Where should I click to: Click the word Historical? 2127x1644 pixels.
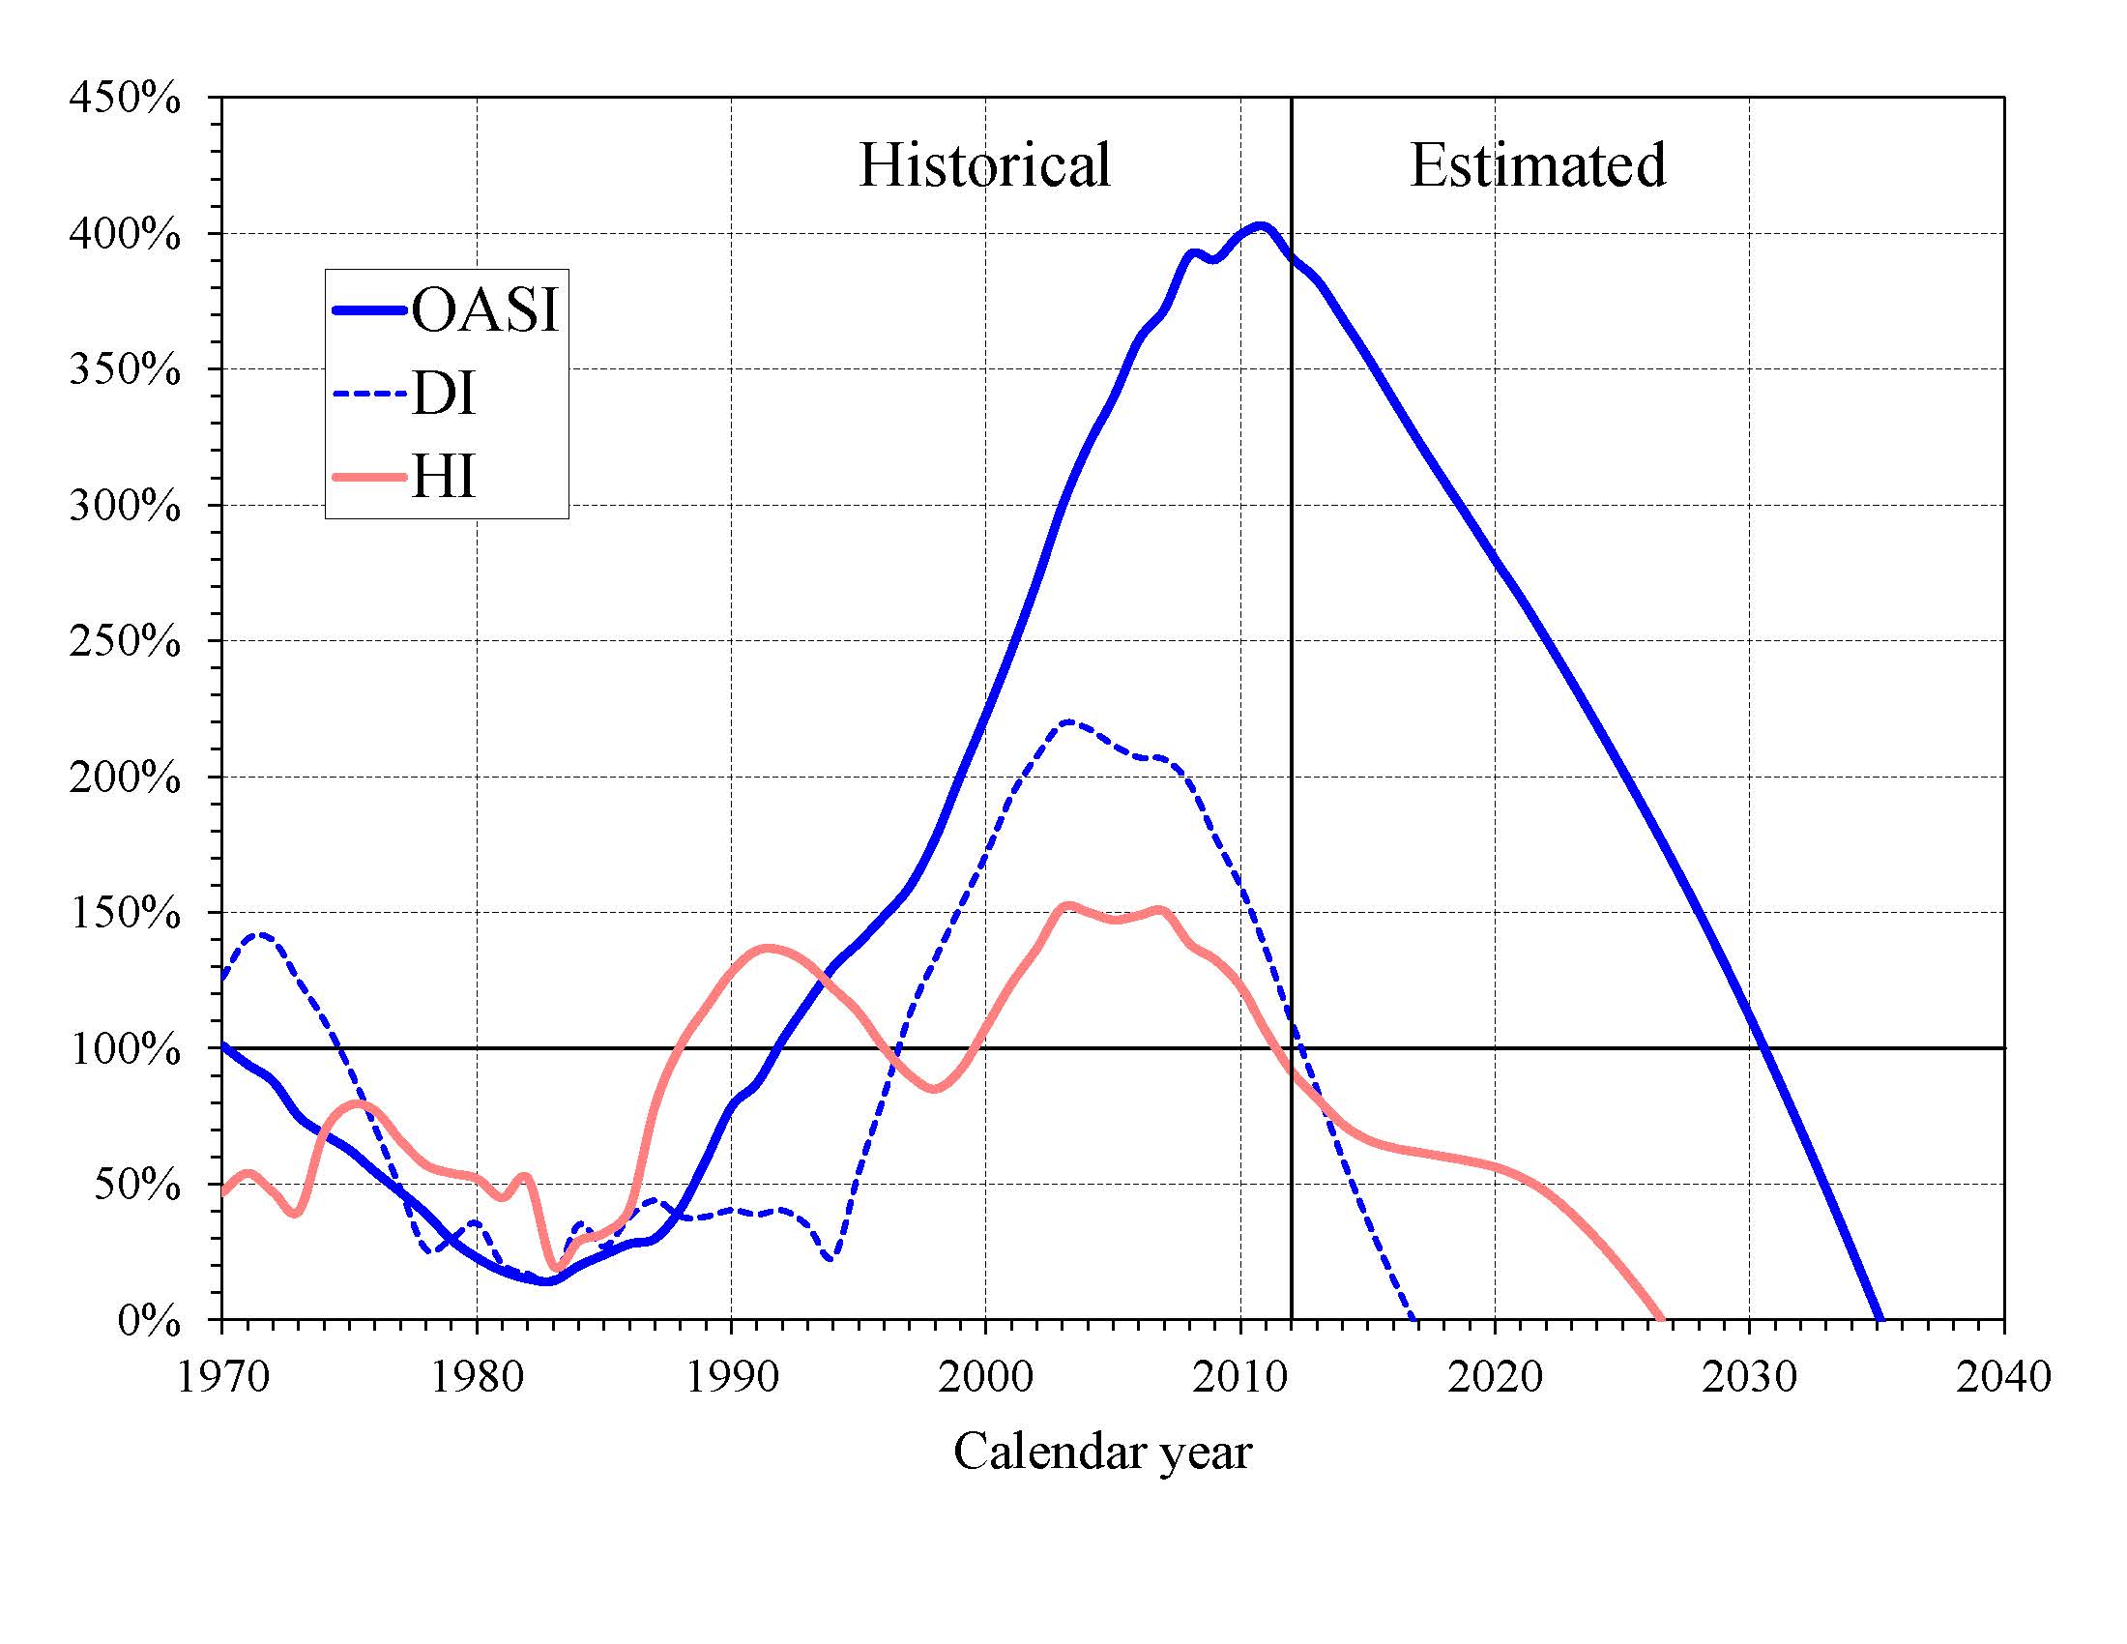tap(983, 164)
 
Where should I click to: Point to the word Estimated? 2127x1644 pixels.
tap(1537, 164)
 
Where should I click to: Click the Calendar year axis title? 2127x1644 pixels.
tap(1102, 1452)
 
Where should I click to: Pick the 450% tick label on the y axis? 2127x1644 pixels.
tap(125, 99)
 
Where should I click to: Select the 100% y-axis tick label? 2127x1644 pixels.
tap(125, 1050)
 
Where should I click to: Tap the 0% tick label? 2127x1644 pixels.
tap(148, 1322)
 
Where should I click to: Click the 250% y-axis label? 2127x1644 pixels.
tap(125, 642)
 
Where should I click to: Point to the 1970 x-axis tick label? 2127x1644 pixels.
tap(223, 1376)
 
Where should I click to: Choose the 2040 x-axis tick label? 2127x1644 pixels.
tap(2003, 1376)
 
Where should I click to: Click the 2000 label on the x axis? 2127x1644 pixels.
tap(985, 1376)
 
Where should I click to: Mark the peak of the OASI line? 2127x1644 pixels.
tap(1260, 226)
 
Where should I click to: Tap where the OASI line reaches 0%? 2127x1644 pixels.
tap(1880, 1319)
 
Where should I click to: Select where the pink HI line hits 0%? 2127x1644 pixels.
tap(1660, 1319)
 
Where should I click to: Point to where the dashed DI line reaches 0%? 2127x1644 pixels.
tap(1413, 1319)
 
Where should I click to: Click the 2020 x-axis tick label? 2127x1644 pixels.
tap(1495, 1376)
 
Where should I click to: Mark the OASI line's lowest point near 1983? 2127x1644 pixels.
tap(546, 1281)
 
